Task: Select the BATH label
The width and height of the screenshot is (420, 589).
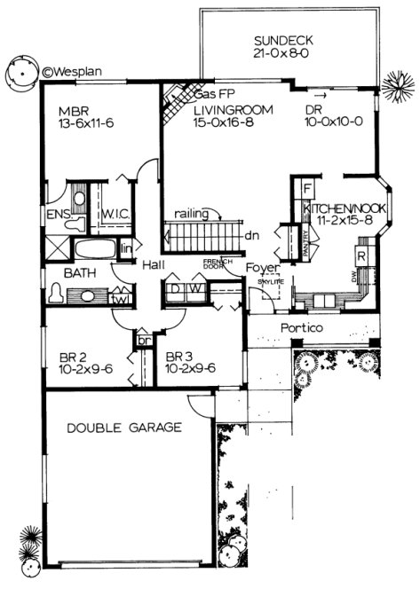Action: (77, 274)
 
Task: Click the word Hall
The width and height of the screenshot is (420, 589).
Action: (147, 263)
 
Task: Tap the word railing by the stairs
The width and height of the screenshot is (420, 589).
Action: (192, 213)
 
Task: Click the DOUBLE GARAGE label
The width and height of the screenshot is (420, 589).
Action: (124, 428)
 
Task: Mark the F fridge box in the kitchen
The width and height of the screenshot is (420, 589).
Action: (306, 189)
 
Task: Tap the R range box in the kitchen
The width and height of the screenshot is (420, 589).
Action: (361, 255)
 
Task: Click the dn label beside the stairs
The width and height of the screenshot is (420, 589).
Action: (251, 236)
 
